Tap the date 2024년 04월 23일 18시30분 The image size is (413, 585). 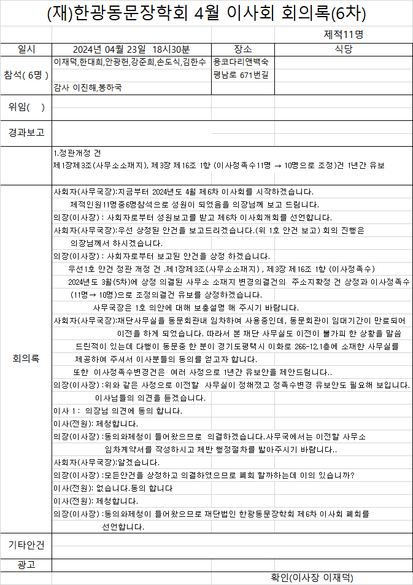131,49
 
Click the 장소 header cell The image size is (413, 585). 242,49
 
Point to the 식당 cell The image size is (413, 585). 343,49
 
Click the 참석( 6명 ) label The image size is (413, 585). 26,75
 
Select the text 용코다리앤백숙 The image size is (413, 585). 241,62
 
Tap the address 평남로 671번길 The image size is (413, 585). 240,75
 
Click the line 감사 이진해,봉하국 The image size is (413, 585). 88,88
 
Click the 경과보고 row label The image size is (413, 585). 26,132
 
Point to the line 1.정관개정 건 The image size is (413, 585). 77,153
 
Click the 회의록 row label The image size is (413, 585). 26,358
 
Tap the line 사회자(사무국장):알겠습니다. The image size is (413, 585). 98,462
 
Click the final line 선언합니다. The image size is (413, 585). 123,527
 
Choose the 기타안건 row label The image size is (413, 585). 26,545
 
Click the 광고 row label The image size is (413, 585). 26,564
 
